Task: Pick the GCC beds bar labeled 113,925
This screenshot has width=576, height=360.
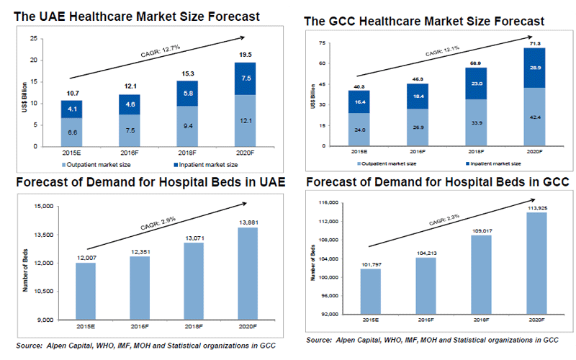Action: coord(533,263)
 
